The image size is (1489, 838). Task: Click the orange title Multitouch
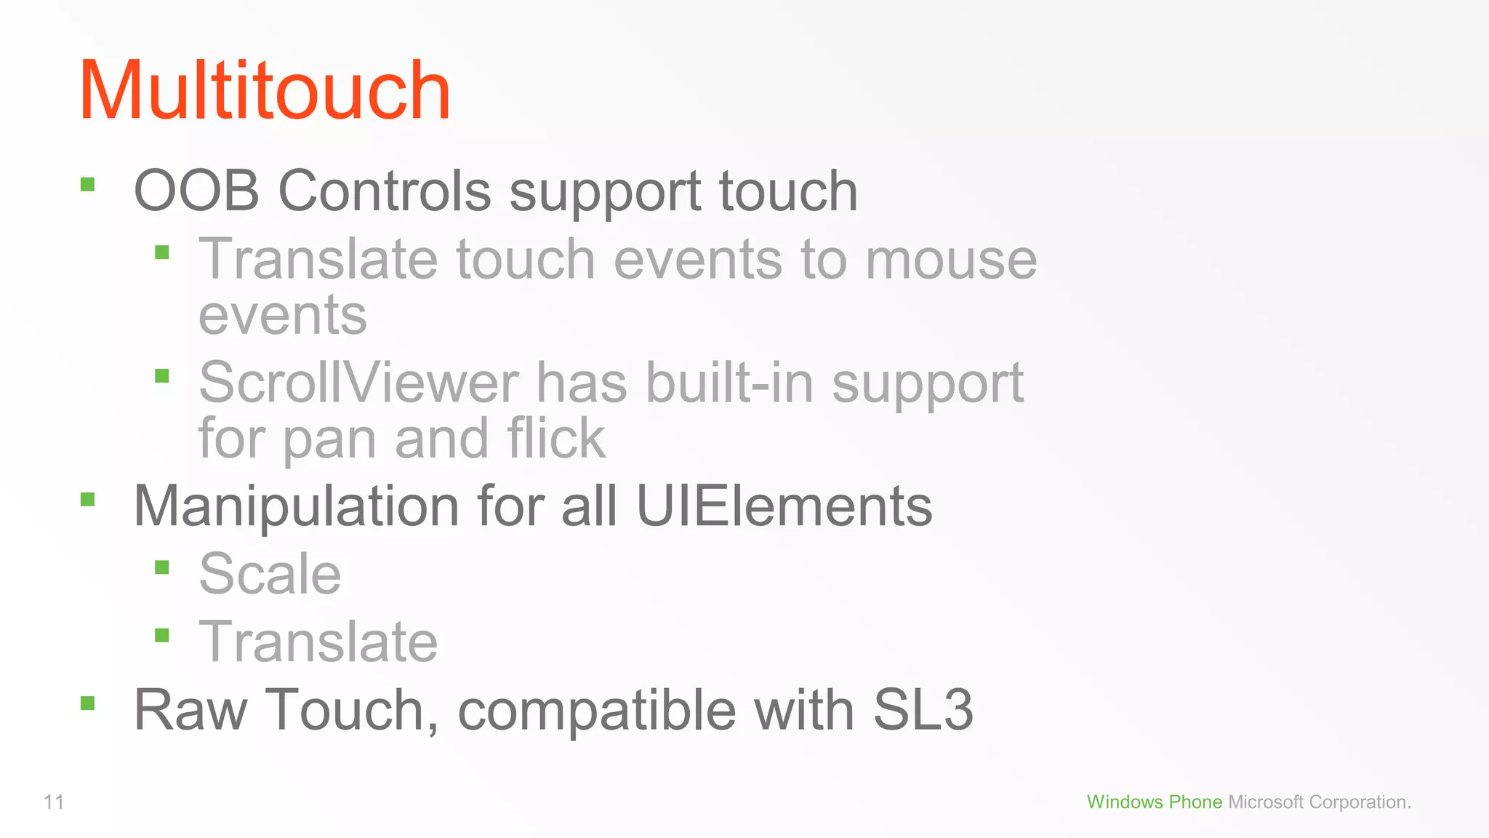click(265, 91)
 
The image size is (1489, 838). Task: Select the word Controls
click(385, 191)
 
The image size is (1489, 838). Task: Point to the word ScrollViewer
click(358, 383)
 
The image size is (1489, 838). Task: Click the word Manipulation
click(296, 506)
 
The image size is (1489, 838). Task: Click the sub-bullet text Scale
click(270, 573)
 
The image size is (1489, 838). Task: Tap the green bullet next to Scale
click(162, 567)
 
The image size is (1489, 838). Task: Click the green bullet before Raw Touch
click(88, 703)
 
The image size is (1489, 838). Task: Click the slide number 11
click(54, 802)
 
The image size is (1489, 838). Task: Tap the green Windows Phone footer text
click(1154, 802)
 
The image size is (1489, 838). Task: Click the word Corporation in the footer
click(1360, 802)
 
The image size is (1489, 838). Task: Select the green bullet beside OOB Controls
click(88, 184)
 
